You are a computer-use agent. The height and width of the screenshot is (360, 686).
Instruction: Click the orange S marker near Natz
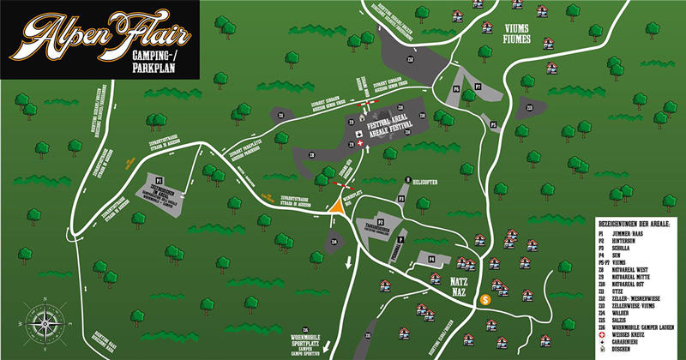pos(485,299)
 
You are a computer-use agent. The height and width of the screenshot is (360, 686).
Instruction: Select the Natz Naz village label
pos(459,285)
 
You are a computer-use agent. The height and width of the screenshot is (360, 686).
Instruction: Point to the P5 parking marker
pos(494,125)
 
